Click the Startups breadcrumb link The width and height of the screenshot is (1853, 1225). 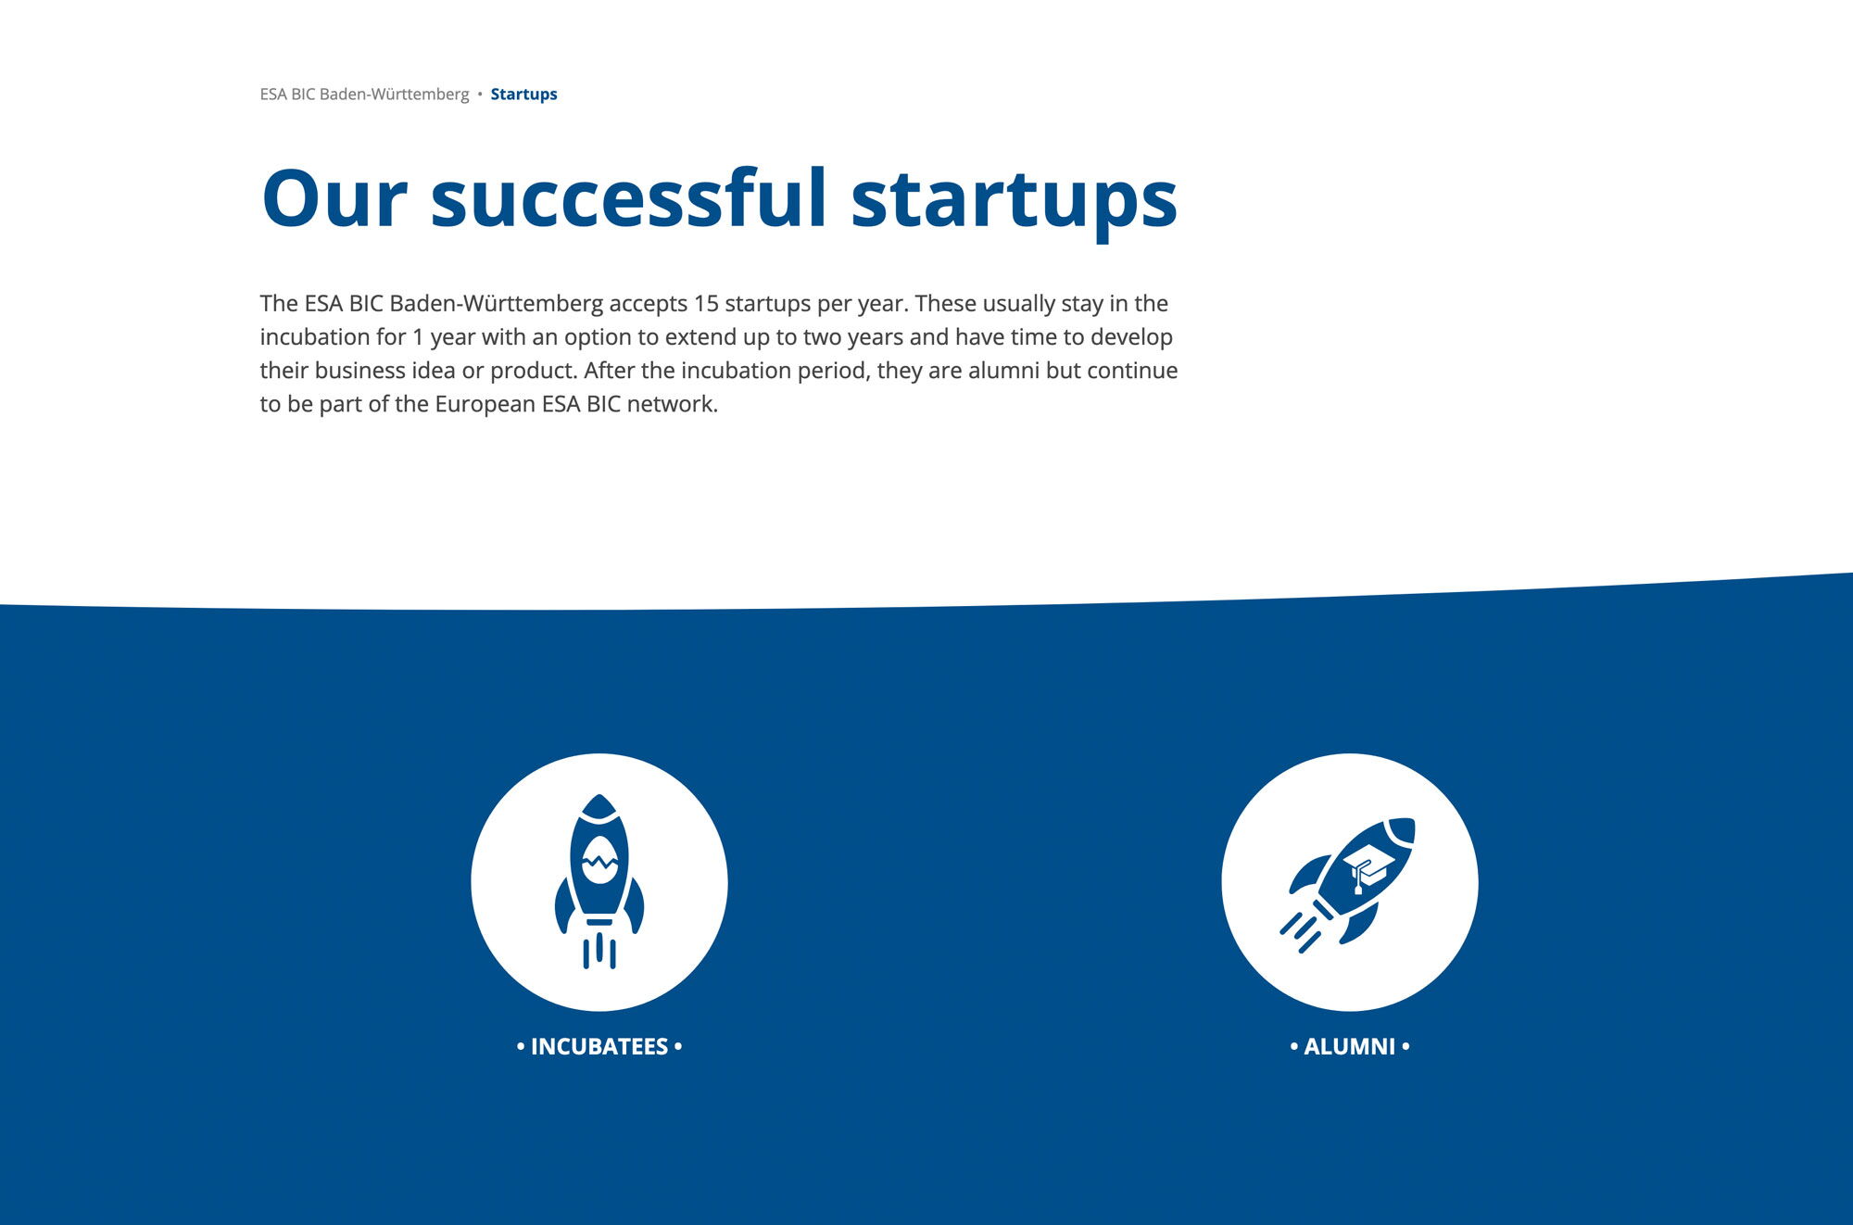click(523, 95)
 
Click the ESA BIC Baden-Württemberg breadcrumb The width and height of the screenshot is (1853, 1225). click(364, 95)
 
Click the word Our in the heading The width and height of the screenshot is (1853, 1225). click(334, 198)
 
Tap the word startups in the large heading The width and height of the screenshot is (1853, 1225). click(1015, 202)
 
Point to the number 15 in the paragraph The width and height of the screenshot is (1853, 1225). click(706, 304)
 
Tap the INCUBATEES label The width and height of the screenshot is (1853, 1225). click(599, 1047)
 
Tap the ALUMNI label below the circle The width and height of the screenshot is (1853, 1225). click(1349, 1047)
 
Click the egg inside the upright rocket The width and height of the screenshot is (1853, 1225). click(599, 861)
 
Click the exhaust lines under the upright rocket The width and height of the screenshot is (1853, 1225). click(599, 951)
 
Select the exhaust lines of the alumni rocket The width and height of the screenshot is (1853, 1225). click(1300, 933)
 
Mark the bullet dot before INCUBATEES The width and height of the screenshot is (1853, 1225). click(521, 1046)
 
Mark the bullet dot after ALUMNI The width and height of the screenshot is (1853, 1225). click(1406, 1046)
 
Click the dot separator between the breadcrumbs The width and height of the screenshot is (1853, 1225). click(480, 95)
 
